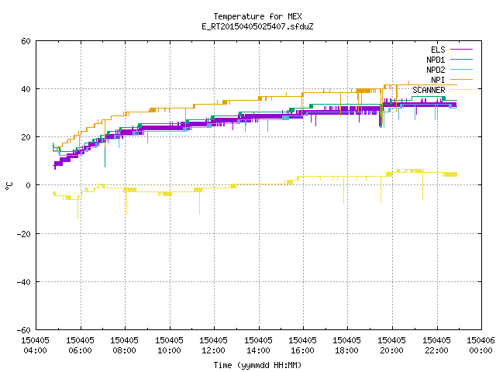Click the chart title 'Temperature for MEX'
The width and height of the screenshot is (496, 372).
[257, 16]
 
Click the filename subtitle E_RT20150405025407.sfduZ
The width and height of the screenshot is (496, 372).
[257, 26]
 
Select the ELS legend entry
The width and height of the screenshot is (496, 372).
[438, 50]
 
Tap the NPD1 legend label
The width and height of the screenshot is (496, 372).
[436, 60]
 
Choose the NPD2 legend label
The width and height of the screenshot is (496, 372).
[436, 70]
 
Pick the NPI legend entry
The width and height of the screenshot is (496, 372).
[438, 80]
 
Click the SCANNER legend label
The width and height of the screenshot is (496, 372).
[429, 90]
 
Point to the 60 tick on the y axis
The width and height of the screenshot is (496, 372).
[26, 41]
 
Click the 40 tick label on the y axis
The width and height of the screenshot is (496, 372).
[26, 89]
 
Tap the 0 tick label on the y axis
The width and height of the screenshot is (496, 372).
[29, 185]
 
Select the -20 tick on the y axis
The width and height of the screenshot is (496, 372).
[24, 234]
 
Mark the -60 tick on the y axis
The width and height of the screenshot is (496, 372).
[24, 330]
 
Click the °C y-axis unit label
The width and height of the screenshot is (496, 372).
[9, 186]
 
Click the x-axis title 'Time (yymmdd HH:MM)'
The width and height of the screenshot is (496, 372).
[257, 365]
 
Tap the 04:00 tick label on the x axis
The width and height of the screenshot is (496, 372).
[35, 350]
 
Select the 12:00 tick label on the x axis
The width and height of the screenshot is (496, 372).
[214, 350]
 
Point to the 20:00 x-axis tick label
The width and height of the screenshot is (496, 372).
[391, 350]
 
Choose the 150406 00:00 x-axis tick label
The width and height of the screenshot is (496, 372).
[480, 346]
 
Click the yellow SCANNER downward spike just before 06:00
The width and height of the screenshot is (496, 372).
[77, 207]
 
